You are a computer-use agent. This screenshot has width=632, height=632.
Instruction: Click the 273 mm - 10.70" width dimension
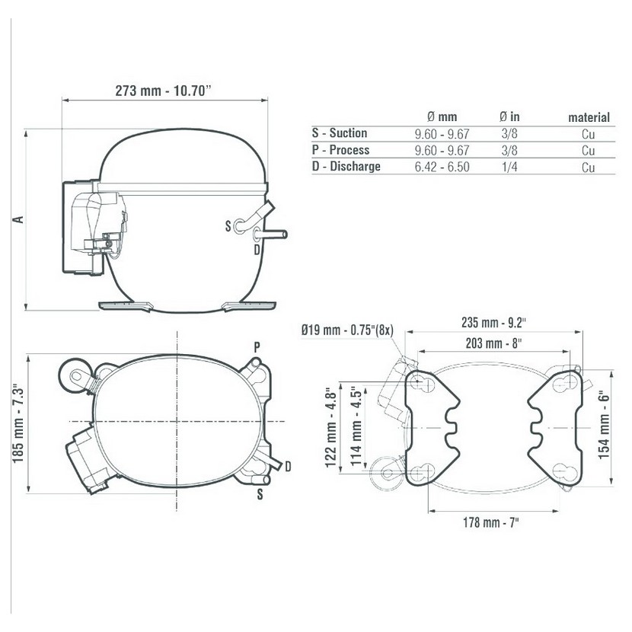tap(163, 91)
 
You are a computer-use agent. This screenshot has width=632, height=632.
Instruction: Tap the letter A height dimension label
tap(18, 219)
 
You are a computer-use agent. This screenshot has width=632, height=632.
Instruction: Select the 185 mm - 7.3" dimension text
tap(18, 423)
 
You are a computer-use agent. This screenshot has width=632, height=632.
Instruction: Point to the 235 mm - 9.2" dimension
tap(493, 322)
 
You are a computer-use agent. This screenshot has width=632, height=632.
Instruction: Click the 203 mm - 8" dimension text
tap(493, 343)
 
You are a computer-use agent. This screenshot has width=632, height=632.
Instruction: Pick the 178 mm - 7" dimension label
tap(491, 522)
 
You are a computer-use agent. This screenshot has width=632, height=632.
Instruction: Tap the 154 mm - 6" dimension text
tap(603, 424)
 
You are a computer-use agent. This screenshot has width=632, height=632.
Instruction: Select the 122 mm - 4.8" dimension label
tap(331, 428)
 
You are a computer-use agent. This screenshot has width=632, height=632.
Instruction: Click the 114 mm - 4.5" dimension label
tap(356, 427)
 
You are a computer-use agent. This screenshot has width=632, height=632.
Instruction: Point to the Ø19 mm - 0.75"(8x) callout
tap(347, 330)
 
